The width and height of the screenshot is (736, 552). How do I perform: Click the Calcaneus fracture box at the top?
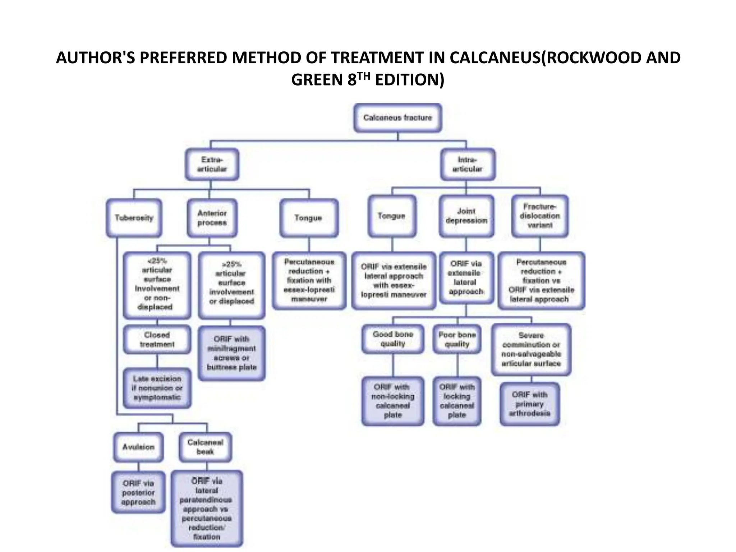click(x=397, y=118)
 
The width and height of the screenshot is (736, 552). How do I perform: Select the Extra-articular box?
click(x=212, y=165)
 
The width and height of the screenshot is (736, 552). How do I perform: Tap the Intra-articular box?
click(x=468, y=165)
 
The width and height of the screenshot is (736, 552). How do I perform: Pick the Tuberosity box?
click(x=134, y=218)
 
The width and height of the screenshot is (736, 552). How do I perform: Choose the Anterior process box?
click(x=212, y=218)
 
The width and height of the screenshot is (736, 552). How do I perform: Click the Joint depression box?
click(x=466, y=216)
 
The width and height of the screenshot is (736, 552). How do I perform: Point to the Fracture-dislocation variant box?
click(x=540, y=216)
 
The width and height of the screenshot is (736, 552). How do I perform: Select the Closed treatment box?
click(x=157, y=340)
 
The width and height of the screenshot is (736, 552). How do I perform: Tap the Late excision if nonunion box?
click(x=157, y=388)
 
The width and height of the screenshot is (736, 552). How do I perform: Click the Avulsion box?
click(x=138, y=447)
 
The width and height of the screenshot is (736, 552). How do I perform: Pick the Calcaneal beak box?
click(x=205, y=447)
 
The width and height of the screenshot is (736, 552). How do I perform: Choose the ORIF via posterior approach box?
click(x=138, y=492)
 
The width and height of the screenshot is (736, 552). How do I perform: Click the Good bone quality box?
click(x=393, y=339)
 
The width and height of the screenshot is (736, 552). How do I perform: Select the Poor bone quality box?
click(x=457, y=339)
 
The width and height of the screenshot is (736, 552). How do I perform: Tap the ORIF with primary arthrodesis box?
click(x=530, y=404)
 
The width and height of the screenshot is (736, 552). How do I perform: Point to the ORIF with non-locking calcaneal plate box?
click(x=393, y=401)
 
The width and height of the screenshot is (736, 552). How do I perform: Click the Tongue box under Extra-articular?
click(x=309, y=218)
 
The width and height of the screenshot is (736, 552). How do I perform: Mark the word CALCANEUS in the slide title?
click(x=495, y=58)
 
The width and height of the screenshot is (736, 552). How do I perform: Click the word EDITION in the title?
click(x=409, y=80)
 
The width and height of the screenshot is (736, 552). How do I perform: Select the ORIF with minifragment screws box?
click(x=232, y=353)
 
